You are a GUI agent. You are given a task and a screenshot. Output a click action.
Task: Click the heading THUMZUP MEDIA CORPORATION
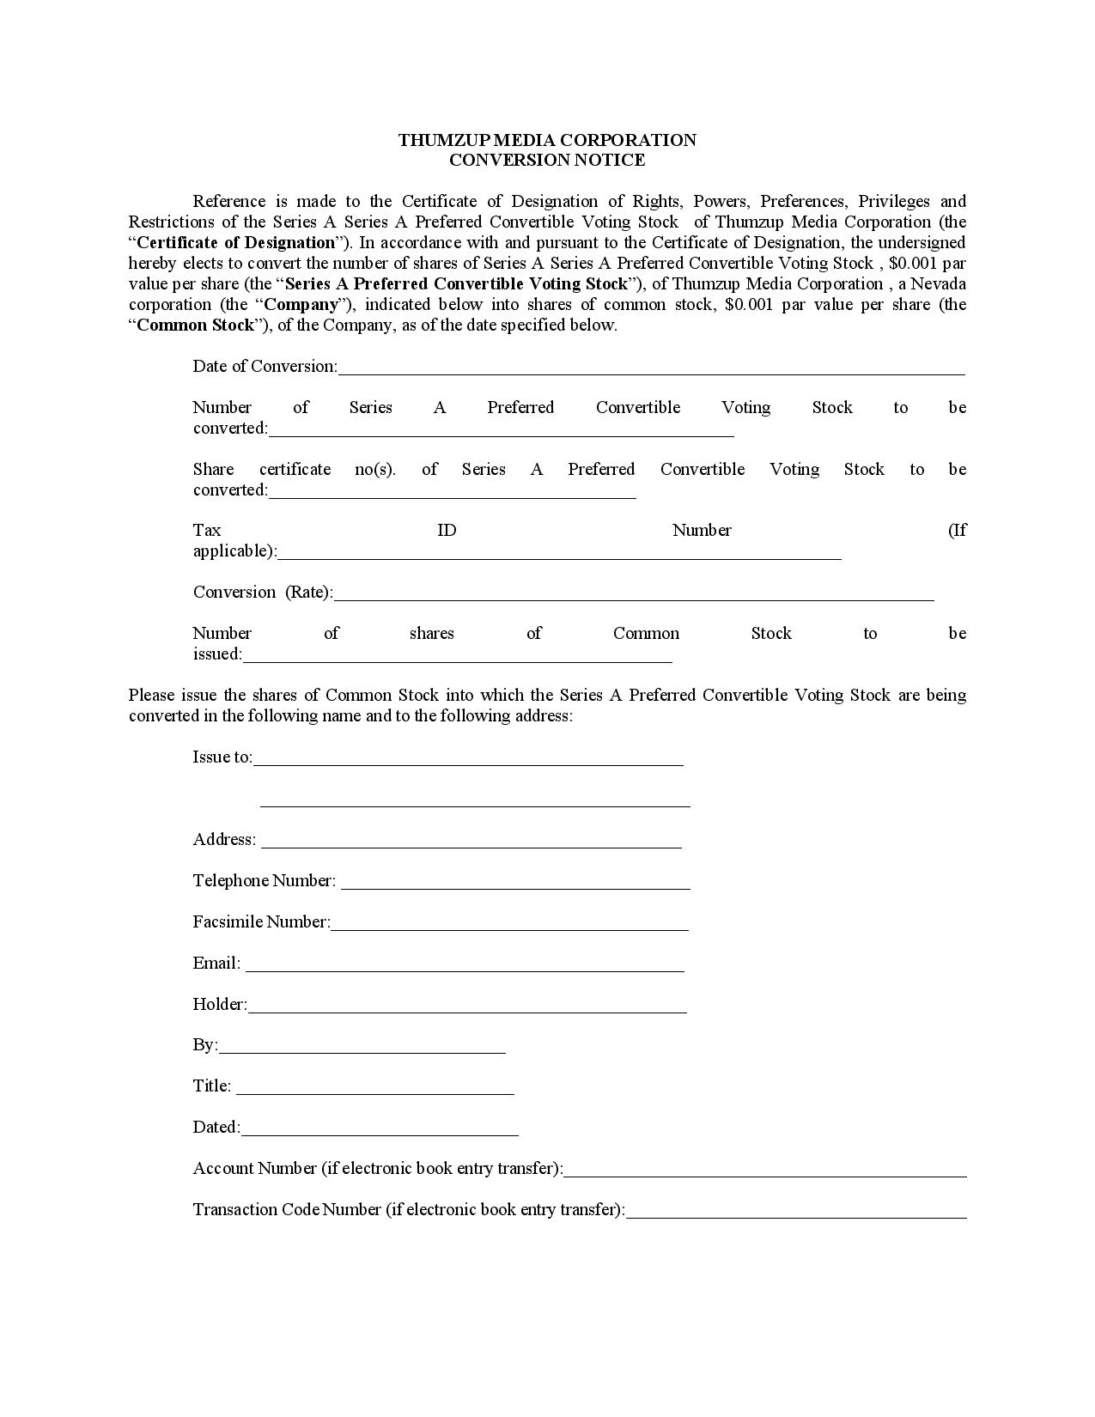(x=547, y=140)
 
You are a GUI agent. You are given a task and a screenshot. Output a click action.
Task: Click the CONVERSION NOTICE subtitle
(x=547, y=160)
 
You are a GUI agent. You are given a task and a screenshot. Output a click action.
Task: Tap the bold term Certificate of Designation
(x=235, y=243)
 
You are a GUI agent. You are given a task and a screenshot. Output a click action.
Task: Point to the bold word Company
(x=301, y=305)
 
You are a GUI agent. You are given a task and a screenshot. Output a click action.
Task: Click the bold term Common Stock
(x=196, y=325)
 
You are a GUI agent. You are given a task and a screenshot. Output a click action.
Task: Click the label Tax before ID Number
(x=207, y=531)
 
